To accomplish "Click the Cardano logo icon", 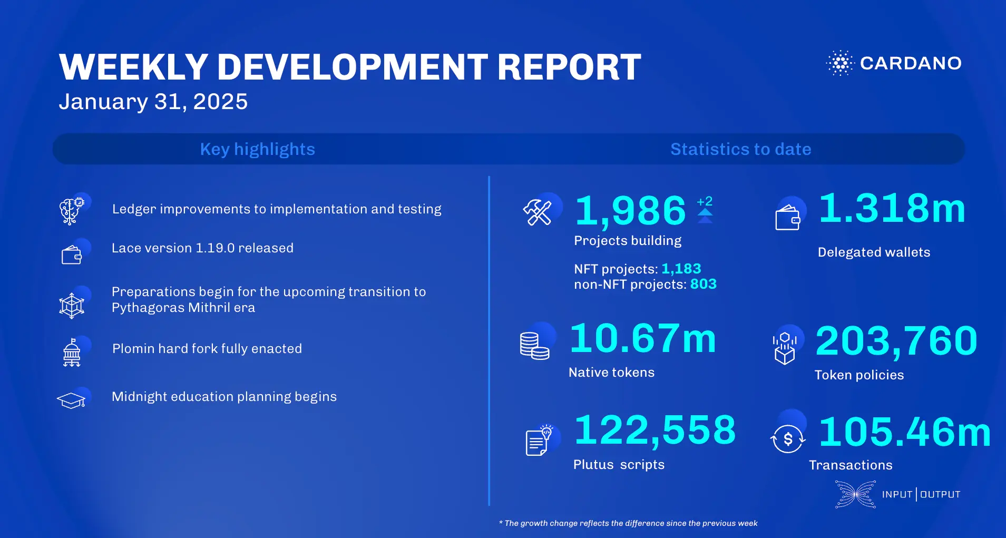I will tap(840, 63).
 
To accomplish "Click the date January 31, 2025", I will tap(153, 102).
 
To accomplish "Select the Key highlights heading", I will tap(257, 149).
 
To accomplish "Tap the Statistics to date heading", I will tap(740, 149).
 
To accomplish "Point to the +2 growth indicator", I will tap(705, 202).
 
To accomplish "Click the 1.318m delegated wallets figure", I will tap(892, 209).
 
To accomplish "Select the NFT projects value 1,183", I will tap(681, 269).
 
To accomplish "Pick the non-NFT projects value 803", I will tap(703, 284).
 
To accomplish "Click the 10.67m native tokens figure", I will tap(643, 338).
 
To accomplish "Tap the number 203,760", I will tap(896, 341).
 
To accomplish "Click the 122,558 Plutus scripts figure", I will tap(655, 430).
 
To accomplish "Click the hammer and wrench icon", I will tap(537, 212).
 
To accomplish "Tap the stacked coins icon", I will tap(534, 346).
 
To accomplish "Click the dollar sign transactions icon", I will tap(788, 438).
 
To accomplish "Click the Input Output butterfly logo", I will tap(855, 494).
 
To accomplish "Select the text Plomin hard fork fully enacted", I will tap(207, 349).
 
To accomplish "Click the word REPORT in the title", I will tap(569, 67).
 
